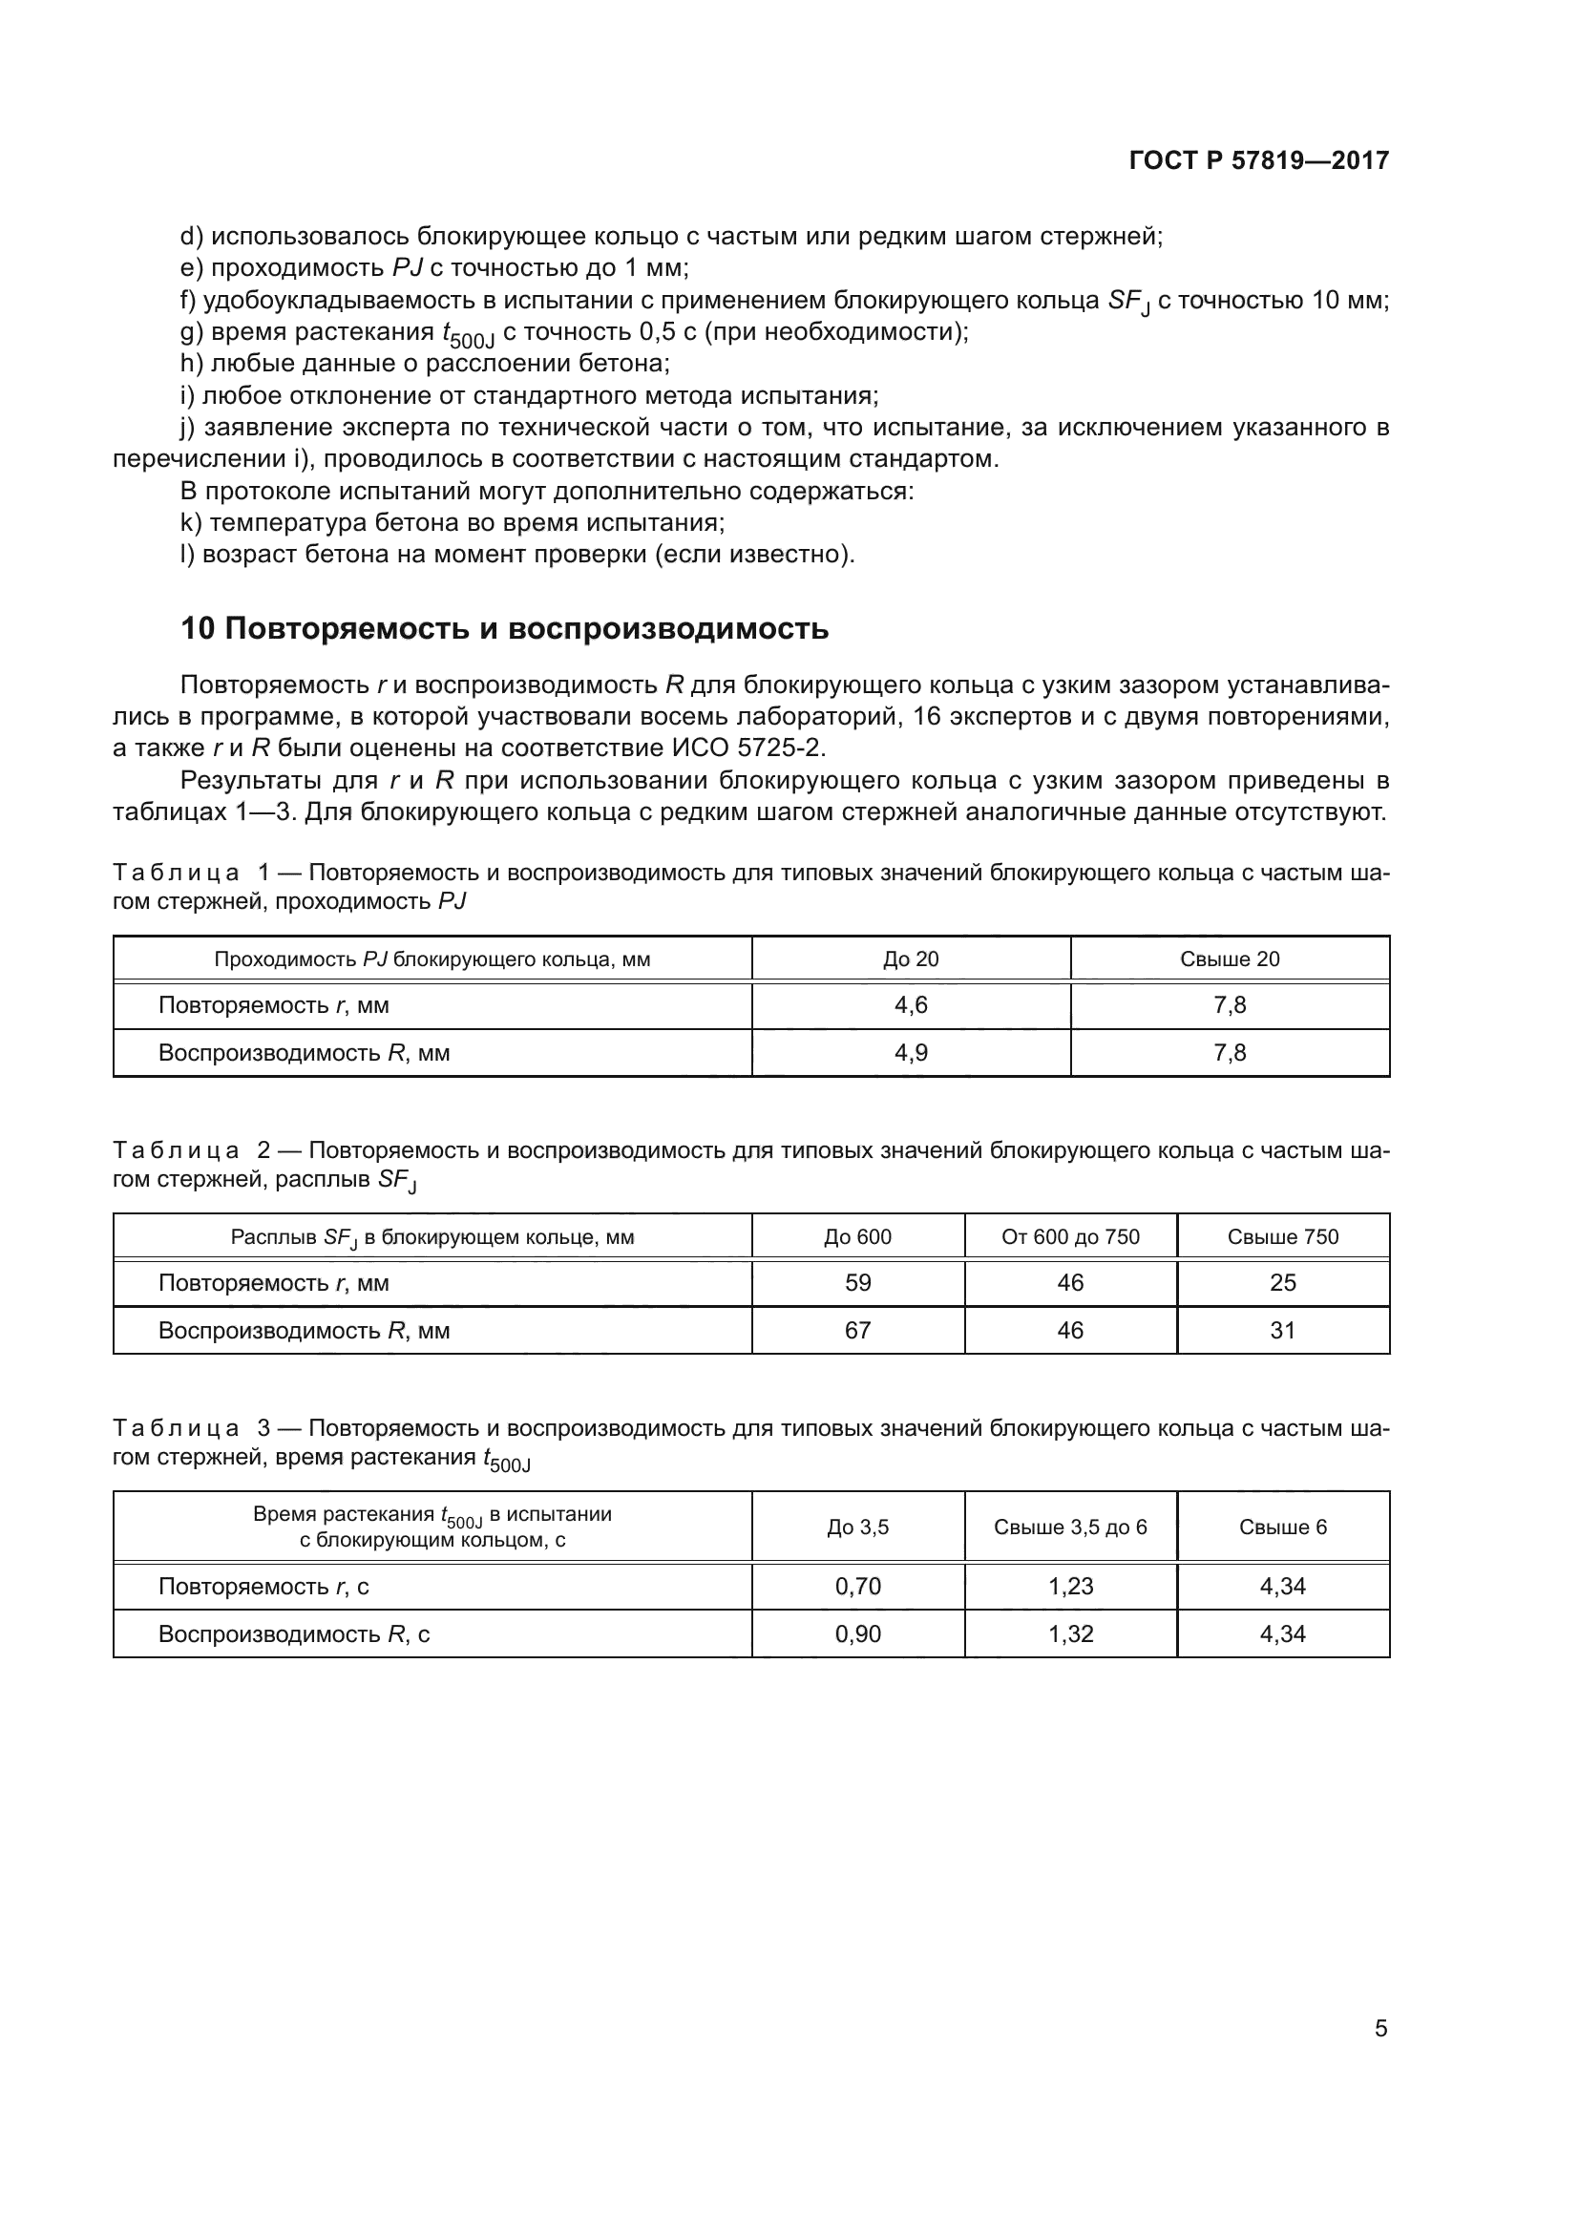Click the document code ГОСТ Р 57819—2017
pos(1259,160)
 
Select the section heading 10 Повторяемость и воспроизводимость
pos(505,629)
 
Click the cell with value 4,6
pos(911,1005)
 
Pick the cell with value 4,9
pos(911,1053)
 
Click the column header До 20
pos(911,959)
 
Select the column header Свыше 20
pos(1230,959)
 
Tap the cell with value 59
pos(857,1283)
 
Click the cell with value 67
pos(857,1331)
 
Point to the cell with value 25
pos(1282,1283)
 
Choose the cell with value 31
pos(1282,1331)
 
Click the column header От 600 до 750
pos(1070,1237)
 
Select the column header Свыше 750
pos(1282,1237)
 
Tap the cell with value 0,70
pos(857,1587)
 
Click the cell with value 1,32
pos(1070,1633)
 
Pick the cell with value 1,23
pos(1070,1587)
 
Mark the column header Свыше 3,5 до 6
pos(1070,1527)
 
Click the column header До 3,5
pos(857,1527)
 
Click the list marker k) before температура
pos(191,523)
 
